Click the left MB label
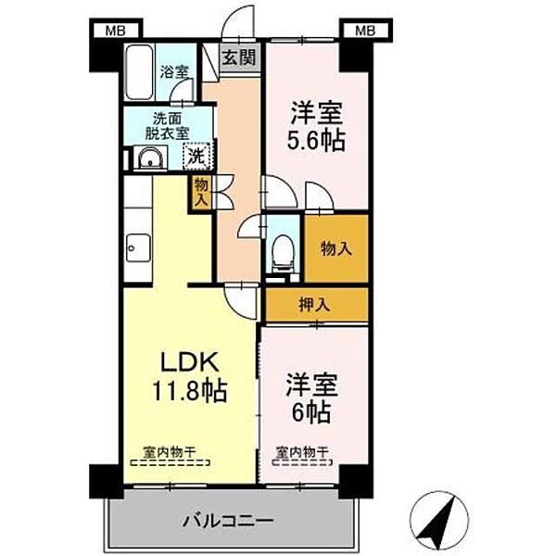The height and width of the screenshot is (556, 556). [114, 31]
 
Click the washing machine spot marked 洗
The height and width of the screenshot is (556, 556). [197, 156]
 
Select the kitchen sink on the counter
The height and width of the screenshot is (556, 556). [137, 246]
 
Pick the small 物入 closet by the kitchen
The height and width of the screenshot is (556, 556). [201, 195]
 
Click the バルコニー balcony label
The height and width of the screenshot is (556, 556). [226, 521]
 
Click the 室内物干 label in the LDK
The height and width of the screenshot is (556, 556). [168, 452]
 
